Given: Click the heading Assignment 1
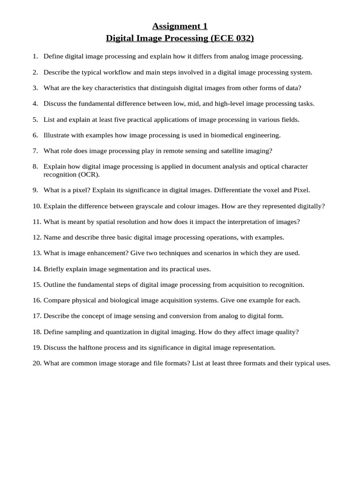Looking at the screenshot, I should tap(180, 26).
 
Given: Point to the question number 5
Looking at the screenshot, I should tap(35, 120).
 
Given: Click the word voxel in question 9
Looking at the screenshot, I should tap(270, 190).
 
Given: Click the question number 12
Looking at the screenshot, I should tap(37, 237).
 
